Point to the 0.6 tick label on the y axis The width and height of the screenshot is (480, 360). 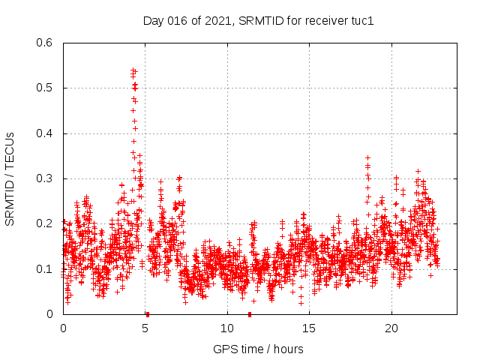pyautogui.click(x=45, y=43)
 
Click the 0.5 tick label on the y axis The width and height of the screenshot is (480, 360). pyautogui.click(x=45, y=88)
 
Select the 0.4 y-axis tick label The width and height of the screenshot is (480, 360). pyautogui.click(x=45, y=133)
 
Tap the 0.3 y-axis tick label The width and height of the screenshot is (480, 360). pyautogui.click(x=45, y=178)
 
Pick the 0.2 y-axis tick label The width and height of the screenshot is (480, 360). pyautogui.click(x=45, y=223)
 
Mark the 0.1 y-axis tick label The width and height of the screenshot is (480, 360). pyautogui.click(x=45, y=269)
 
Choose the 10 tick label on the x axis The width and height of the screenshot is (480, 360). pyautogui.click(x=227, y=328)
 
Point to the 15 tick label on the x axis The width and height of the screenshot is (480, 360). pyautogui.click(x=310, y=328)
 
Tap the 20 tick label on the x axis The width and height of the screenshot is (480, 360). pyautogui.click(x=391, y=328)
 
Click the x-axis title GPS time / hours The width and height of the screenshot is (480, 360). pyautogui.click(x=258, y=349)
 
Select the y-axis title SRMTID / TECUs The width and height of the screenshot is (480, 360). pyautogui.click(x=10, y=178)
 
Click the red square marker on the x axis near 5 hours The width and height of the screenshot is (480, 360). pyautogui.click(x=148, y=314)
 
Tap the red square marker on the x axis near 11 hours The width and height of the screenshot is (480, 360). pyautogui.click(x=250, y=314)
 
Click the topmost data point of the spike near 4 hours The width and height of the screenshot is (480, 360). pyautogui.click(x=133, y=70)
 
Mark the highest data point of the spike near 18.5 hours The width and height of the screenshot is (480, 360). pyautogui.click(x=367, y=158)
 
